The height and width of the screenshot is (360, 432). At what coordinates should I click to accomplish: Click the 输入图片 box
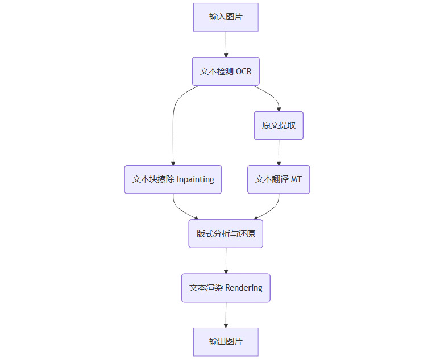pos(226,17)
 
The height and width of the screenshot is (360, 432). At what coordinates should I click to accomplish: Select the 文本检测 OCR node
pos(226,72)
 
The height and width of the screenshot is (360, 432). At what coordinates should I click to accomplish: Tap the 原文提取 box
pos(279,125)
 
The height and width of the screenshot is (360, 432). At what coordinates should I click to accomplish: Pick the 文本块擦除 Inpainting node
pos(173,179)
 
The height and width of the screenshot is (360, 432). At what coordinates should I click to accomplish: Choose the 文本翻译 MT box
pos(279,179)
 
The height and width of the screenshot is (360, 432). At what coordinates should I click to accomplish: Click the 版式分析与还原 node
pos(226,233)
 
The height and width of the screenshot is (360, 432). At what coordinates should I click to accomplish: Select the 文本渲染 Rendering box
pos(226,288)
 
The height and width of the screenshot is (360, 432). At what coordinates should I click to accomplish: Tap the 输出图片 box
pos(226,342)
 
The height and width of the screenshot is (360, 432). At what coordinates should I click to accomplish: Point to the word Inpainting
pos(195,179)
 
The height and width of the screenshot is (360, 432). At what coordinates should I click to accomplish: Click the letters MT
pos(296,179)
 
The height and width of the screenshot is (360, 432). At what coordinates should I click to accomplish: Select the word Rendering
pos(244,288)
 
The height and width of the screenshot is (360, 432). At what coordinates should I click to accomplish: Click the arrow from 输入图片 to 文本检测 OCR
pos(226,44)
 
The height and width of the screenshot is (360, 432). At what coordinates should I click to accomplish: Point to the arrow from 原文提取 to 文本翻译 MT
pos(279,152)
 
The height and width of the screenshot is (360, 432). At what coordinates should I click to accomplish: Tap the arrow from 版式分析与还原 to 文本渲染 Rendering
pos(226,261)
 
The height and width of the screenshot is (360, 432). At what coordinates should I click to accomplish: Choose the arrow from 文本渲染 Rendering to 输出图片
pos(226,315)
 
